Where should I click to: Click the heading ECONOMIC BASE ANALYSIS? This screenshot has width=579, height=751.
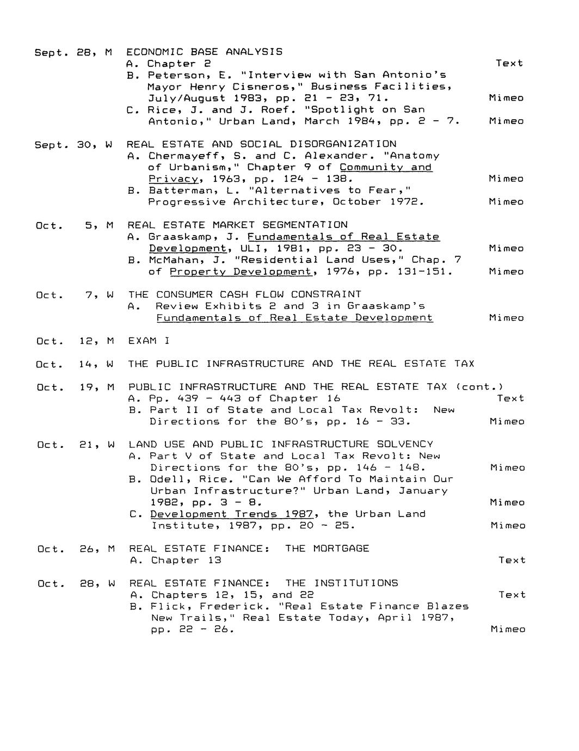(x=204, y=52)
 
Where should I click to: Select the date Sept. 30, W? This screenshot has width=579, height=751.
(x=73, y=144)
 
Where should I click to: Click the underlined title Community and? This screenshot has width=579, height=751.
(x=386, y=167)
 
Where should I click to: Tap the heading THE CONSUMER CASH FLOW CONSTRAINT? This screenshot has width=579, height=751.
(x=245, y=294)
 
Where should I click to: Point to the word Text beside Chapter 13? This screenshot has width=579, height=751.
(x=512, y=560)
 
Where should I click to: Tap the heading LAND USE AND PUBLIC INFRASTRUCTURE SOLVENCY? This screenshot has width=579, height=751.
(x=281, y=445)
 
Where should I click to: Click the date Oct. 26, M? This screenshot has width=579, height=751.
(x=76, y=549)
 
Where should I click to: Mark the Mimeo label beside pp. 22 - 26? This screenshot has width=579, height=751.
(x=508, y=629)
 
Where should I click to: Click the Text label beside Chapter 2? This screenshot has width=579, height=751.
(x=509, y=63)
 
